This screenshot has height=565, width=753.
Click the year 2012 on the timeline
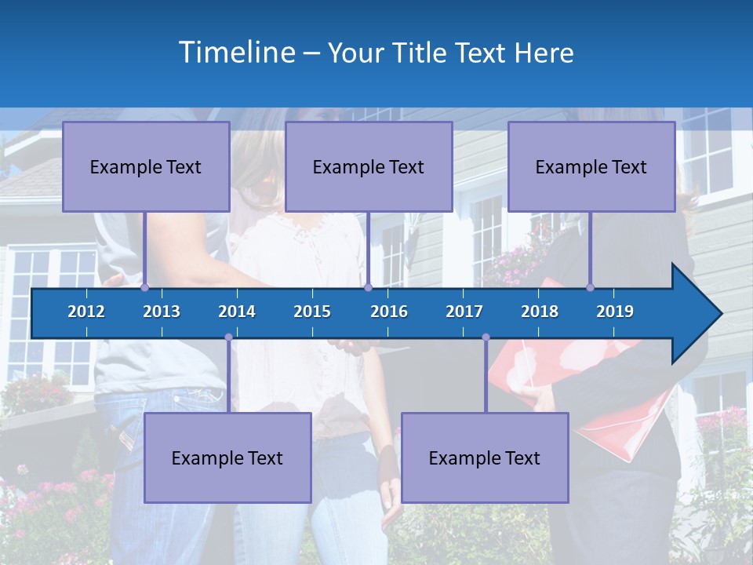86,312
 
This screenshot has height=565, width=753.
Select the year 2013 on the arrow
162,312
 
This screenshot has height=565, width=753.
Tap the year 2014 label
237,312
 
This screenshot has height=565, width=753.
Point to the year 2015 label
312,312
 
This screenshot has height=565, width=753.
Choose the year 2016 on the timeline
389,312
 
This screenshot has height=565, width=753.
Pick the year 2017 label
464,312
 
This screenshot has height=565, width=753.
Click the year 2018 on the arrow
540,312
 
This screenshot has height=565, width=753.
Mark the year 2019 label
615,312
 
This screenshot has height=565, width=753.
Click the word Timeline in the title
235,53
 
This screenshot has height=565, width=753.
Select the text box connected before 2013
146,166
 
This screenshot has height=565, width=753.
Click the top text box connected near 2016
369,166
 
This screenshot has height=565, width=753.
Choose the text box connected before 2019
591,166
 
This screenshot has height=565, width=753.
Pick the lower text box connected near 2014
227,457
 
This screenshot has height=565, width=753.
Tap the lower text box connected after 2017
485,457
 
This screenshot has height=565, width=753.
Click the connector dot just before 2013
145,287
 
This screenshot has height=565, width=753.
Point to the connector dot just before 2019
591,287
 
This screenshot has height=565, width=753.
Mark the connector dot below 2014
228,337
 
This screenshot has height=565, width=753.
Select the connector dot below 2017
486,337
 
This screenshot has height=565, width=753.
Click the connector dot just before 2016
368,287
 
